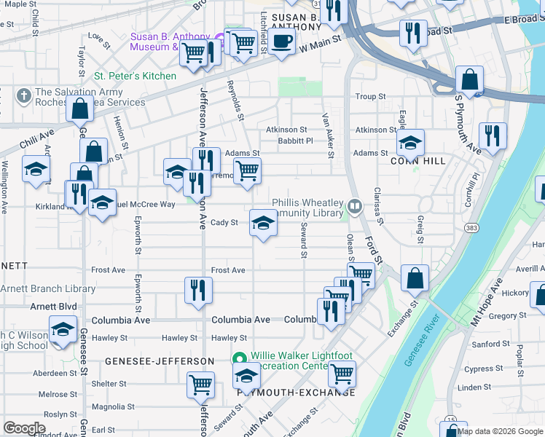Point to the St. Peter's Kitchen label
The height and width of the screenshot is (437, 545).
135,76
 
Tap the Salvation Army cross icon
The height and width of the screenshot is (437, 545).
23,95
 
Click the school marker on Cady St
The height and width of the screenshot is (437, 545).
263,223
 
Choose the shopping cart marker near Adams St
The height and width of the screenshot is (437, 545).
247,171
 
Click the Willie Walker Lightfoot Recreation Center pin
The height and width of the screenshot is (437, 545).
238,358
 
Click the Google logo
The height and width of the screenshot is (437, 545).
25,428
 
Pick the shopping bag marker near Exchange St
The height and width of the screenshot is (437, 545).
415,278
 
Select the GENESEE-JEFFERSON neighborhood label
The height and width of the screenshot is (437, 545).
160,361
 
